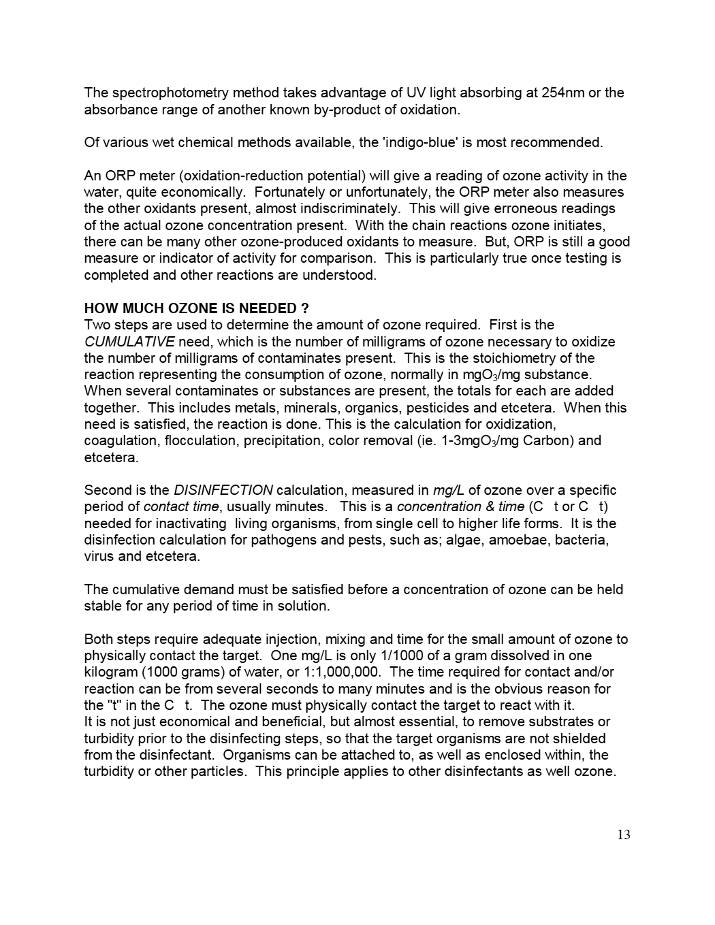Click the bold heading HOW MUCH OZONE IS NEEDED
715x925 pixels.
click(x=196, y=308)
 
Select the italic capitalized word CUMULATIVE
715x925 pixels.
click(x=129, y=342)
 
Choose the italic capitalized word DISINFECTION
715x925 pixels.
click(x=223, y=490)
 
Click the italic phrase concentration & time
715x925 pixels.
click(x=460, y=506)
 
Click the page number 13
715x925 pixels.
click(x=624, y=835)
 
